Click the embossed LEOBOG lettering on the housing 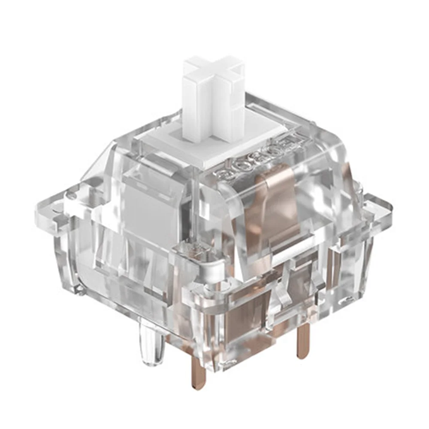pyautogui.click(x=257, y=159)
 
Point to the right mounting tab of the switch pyautogui.click(x=378, y=206)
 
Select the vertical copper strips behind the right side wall pyautogui.click(x=332, y=266)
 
